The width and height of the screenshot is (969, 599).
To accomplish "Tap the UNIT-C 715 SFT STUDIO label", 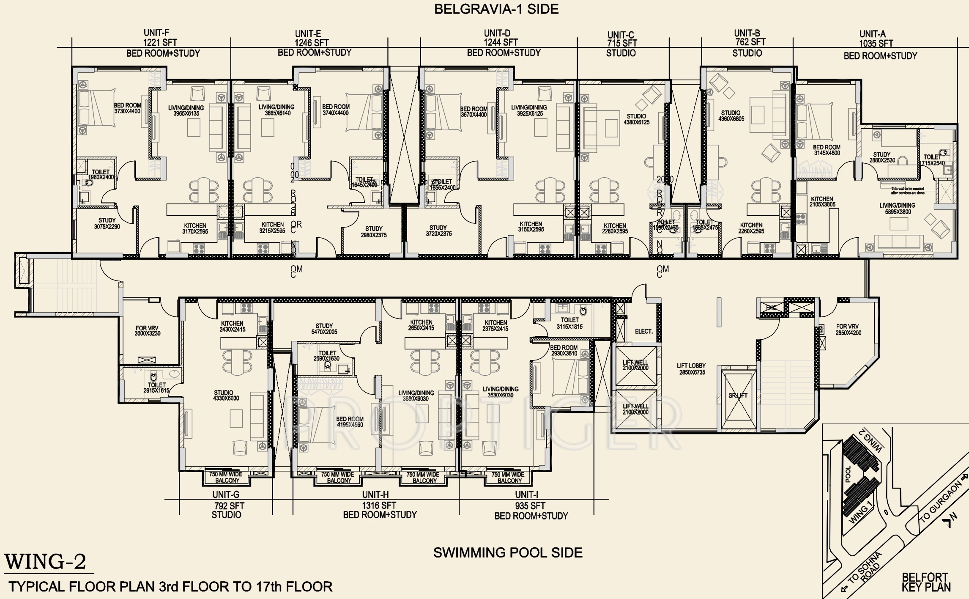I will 621,44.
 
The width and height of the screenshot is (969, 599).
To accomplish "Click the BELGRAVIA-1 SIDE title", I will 496,9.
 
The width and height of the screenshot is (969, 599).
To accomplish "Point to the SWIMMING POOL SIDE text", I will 508,552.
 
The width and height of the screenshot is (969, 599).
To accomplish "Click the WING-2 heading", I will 46,562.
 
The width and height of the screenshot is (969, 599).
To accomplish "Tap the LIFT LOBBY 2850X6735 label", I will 691,369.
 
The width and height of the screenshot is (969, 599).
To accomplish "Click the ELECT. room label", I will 643,332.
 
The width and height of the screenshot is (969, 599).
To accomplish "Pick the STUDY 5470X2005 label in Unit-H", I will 324,329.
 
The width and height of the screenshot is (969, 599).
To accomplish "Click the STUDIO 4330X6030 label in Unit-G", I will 226,395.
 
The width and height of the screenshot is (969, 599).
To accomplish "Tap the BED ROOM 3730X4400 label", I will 127,108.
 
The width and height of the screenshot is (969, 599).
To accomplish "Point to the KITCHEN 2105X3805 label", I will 822,202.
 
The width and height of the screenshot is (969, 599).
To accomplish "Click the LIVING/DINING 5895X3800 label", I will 897,209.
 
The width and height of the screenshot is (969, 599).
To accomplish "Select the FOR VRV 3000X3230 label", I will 147,330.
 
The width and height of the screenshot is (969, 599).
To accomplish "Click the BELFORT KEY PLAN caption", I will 926,582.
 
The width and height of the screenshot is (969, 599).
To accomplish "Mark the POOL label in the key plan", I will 848,474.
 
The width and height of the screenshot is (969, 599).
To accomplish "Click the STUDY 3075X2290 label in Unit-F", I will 107,223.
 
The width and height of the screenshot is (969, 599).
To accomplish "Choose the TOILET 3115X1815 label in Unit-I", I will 569,323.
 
